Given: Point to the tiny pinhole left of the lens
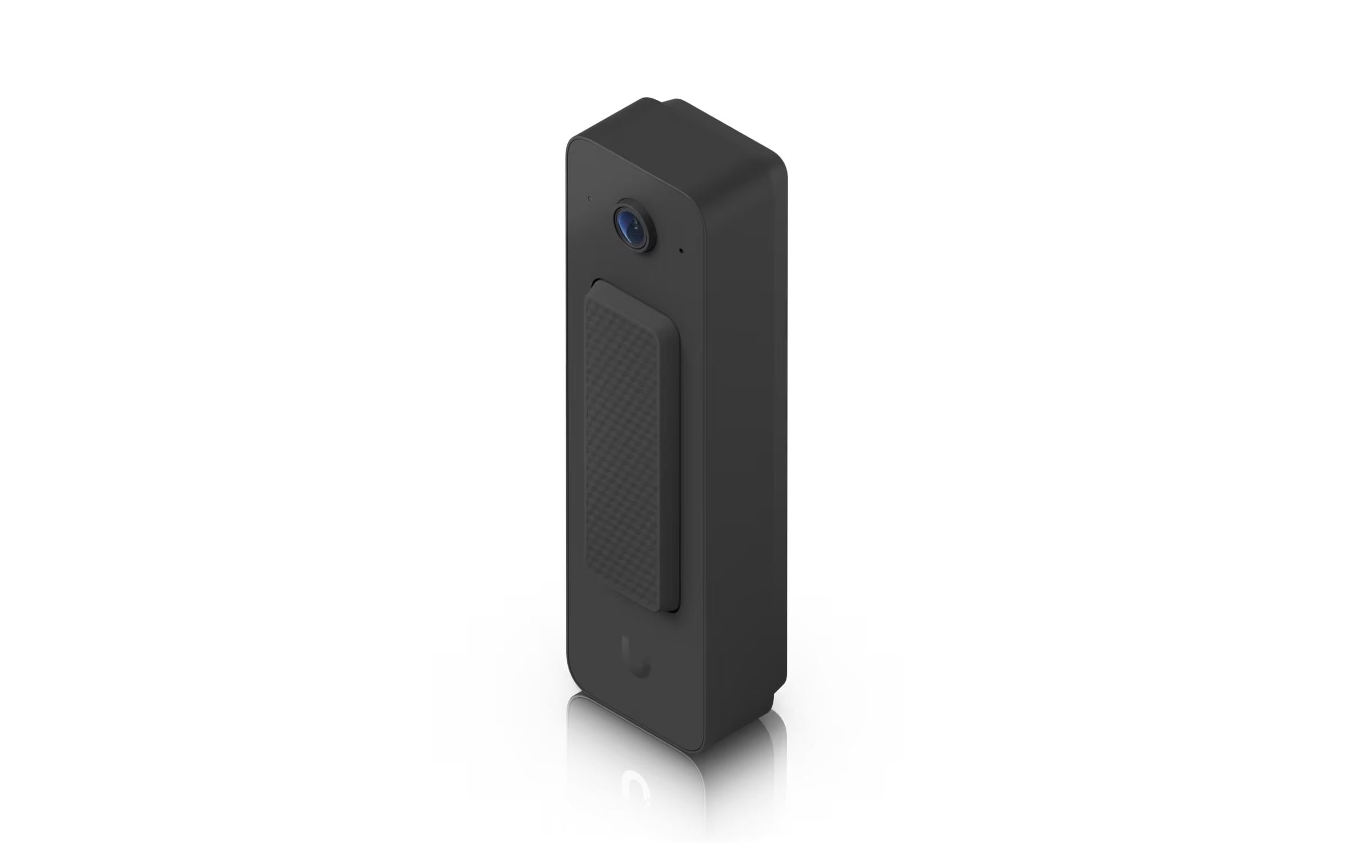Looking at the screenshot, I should click(x=590, y=199).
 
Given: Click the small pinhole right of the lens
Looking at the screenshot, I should click(x=681, y=250).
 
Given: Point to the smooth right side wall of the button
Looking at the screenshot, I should click(x=672, y=454).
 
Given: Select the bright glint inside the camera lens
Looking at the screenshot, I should click(x=637, y=226).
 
